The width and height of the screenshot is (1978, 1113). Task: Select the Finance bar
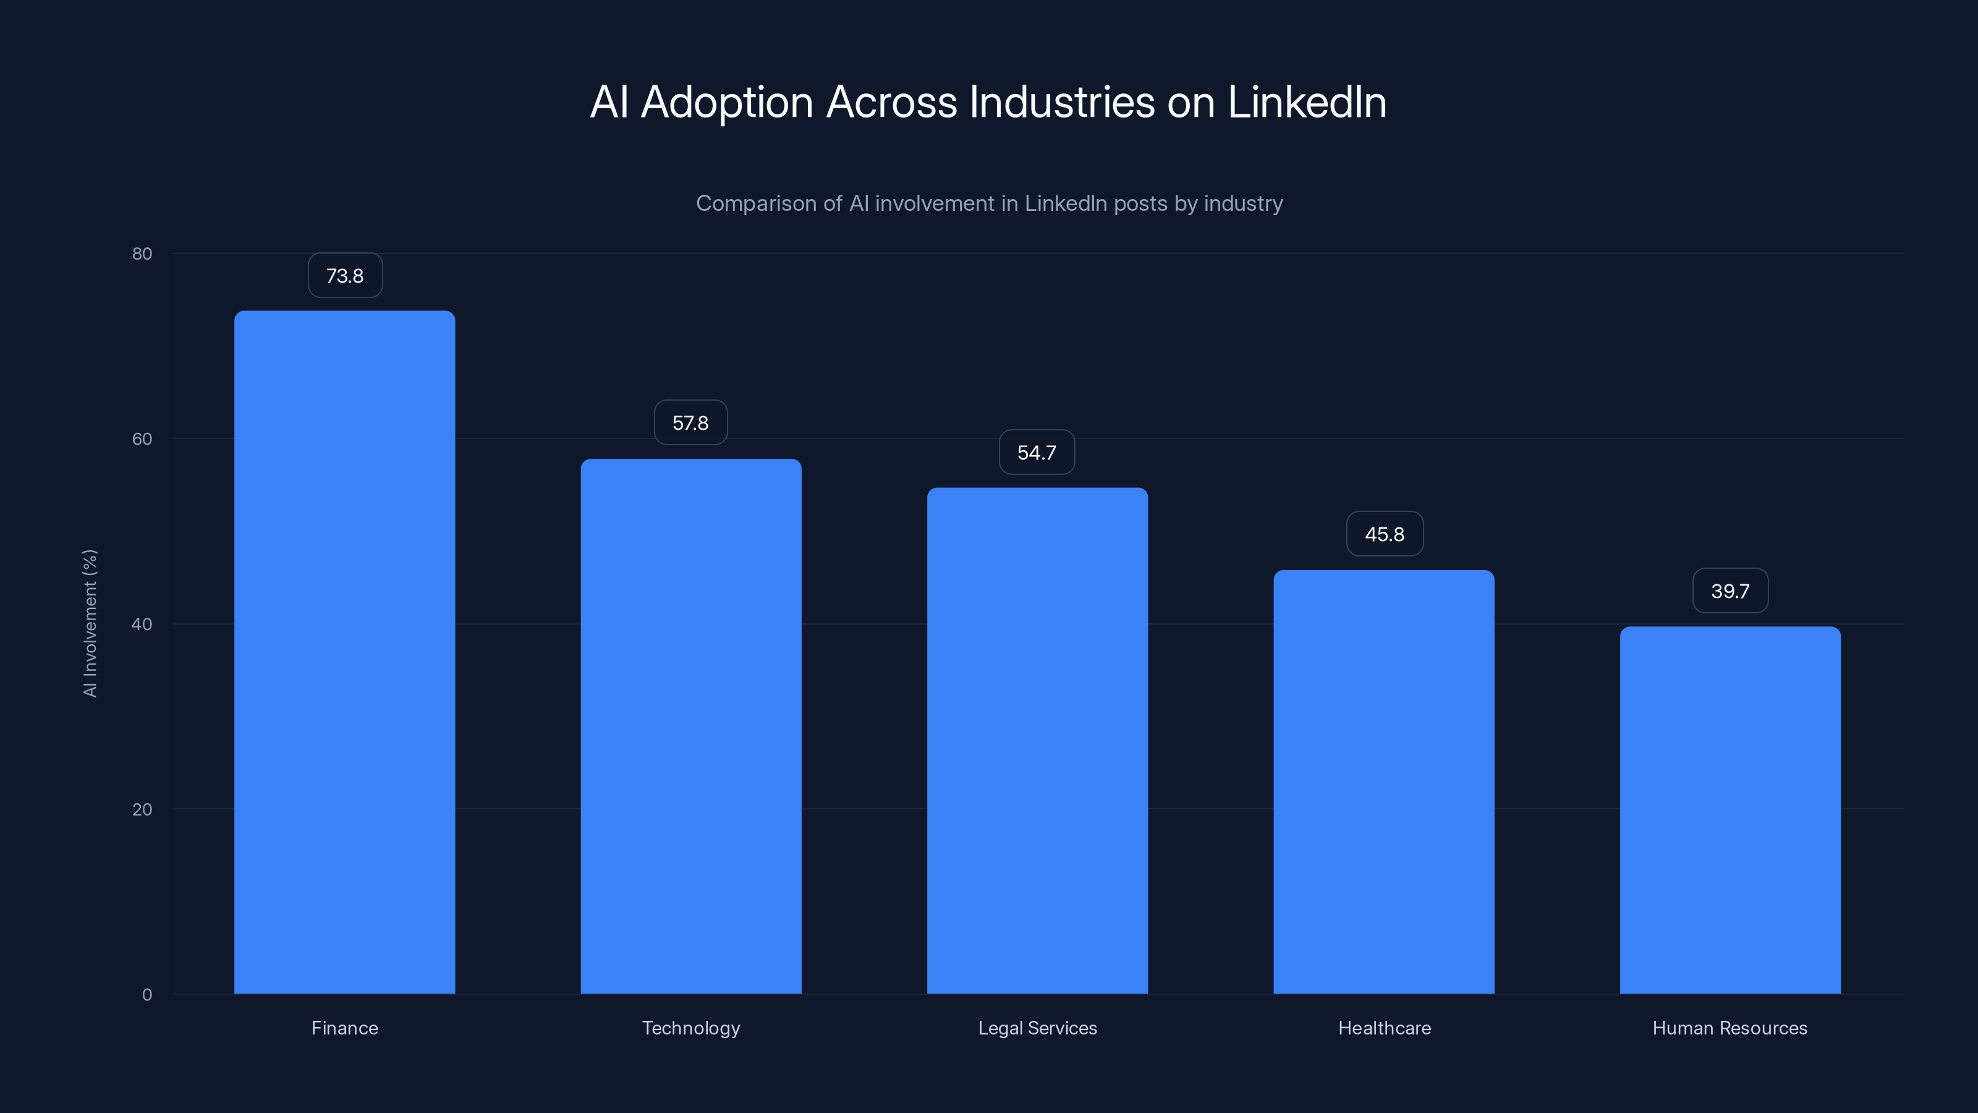pyautogui.click(x=345, y=653)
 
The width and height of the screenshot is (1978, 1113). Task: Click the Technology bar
pyautogui.click(x=691, y=727)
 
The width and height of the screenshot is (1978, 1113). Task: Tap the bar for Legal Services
pyautogui.click(x=1037, y=741)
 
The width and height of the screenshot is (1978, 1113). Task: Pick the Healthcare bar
pyautogui.click(x=1384, y=782)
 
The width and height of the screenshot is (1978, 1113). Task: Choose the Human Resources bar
pyautogui.click(x=1730, y=811)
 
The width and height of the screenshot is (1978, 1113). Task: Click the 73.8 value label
pyautogui.click(x=345, y=276)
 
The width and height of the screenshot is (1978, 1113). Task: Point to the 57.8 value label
pyautogui.click(x=690, y=423)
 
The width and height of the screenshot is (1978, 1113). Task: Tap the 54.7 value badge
pyautogui.click(x=1037, y=453)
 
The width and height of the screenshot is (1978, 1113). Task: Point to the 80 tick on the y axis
pyautogui.click(x=142, y=254)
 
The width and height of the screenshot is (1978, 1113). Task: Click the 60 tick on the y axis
pyautogui.click(x=142, y=440)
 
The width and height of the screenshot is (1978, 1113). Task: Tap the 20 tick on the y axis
pyautogui.click(x=142, y=809)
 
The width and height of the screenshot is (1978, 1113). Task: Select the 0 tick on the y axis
pyautogui.click(x=146, y=995)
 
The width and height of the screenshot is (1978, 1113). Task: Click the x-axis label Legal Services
pyautogui.click(x=1037, y=1028)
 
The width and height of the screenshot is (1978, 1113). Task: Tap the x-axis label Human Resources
pyautogui.click(x=1730, y=1028)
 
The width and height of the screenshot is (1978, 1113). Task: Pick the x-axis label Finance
pyautogui.click(x=345, y=1028)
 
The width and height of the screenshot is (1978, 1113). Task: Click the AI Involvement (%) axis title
pyautogui.click(x=90, y=623)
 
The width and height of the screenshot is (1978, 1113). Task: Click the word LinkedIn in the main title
pyautogui.click(x=1307, y=102)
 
